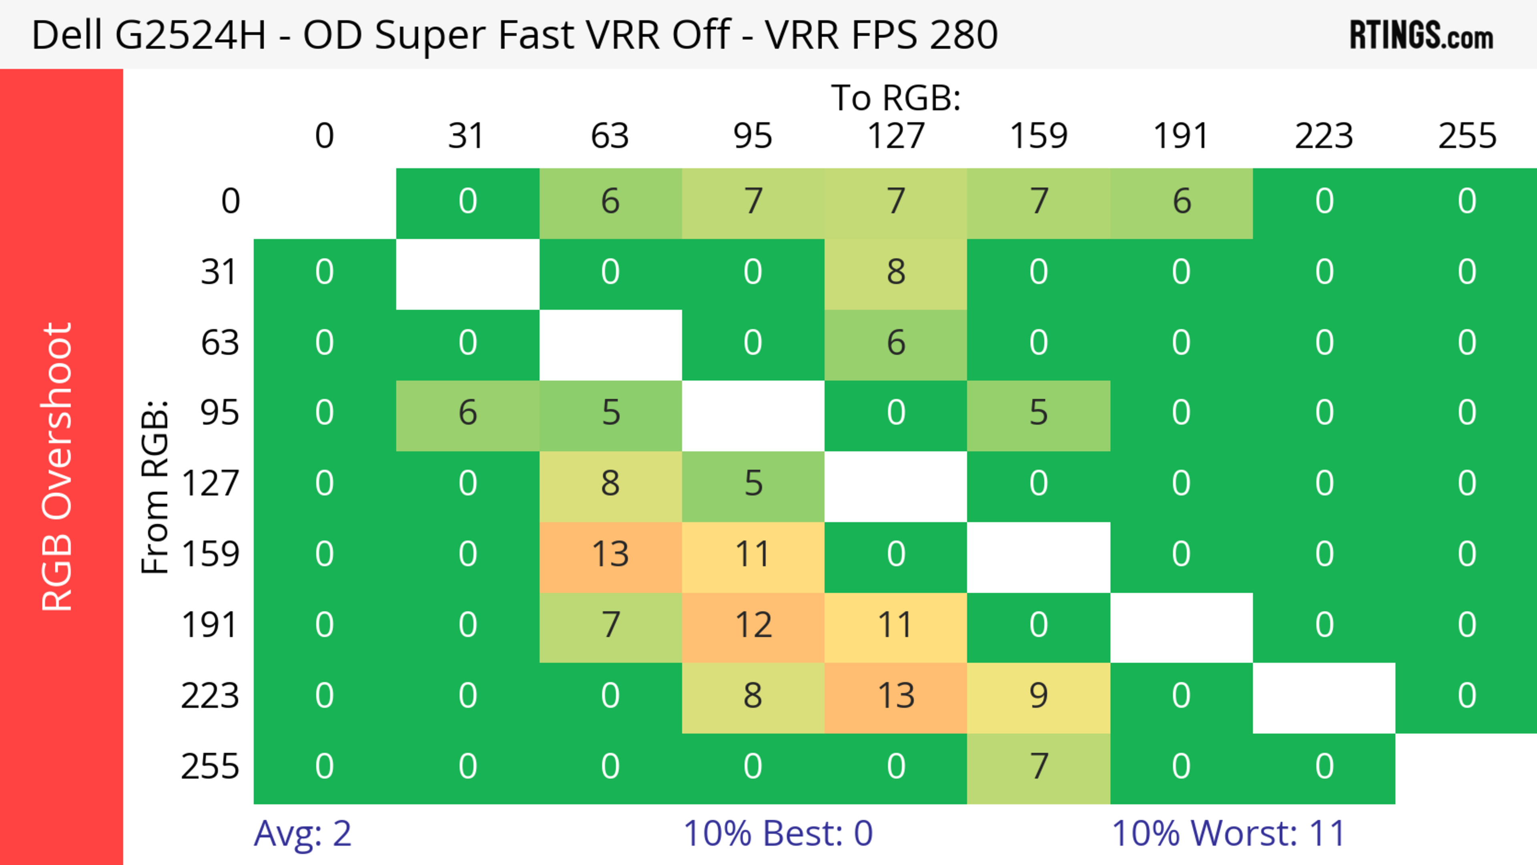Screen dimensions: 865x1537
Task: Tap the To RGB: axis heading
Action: pos(896,97)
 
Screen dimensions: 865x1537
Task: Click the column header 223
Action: pos(1324,136)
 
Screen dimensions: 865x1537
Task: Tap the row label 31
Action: pos(220,272)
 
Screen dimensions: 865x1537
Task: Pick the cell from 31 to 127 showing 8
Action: pos(896,272)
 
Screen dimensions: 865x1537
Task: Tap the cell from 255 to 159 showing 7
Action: pos(1038,766)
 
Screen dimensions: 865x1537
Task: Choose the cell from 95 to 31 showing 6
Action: pos(468,413)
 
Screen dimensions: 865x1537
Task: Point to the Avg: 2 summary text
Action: pos(303,833)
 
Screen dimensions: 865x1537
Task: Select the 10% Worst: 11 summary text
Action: pos(1228,833)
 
